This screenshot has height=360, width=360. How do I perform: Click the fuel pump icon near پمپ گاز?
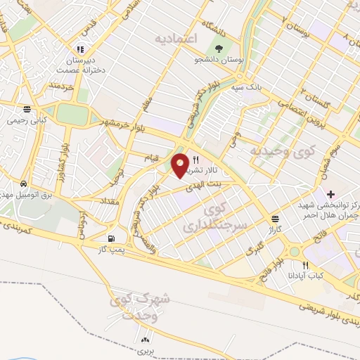[x=113, y=238]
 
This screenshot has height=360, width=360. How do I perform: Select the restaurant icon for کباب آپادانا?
[x=304, y=265]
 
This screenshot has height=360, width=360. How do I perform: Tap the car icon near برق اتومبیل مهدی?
[x=24, y=181]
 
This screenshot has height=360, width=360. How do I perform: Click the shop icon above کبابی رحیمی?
[x=26, y=109]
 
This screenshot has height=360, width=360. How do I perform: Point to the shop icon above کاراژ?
[x=274, y=219]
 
